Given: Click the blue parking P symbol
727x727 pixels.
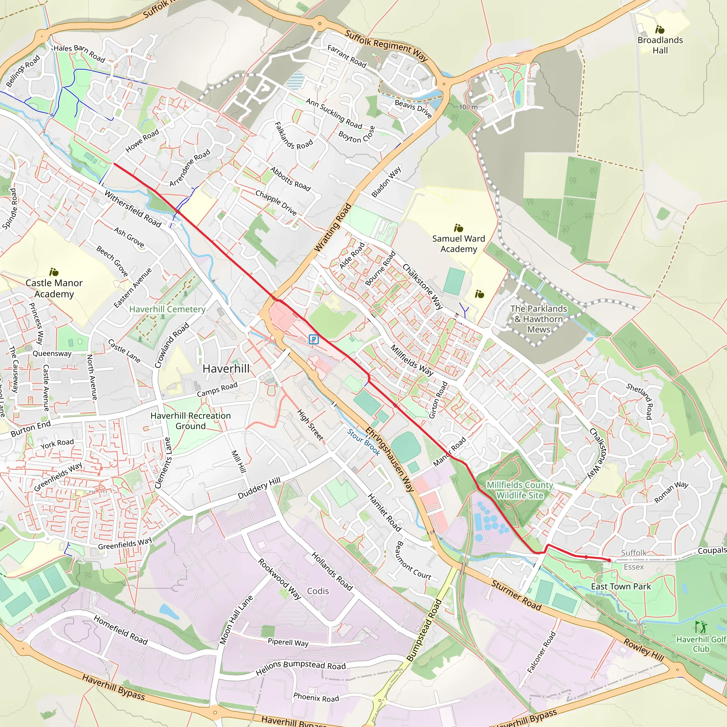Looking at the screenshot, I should pos(313,339).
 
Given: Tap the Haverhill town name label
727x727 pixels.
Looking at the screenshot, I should pos(226,369).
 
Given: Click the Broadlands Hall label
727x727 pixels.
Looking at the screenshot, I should pos(660,45).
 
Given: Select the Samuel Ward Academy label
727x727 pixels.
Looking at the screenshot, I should pos(458,244).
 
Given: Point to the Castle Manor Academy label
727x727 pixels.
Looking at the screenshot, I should pos(54,288).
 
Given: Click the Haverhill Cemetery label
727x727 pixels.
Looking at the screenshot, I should pos(167,309).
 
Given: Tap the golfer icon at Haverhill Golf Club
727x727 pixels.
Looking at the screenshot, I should pos(701,627).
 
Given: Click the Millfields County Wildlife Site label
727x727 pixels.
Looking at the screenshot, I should pos(520,490).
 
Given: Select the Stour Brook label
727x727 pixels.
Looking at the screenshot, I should pos(363,443).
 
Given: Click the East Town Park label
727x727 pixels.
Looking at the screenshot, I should pos(621,587).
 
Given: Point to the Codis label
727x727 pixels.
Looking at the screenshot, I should pos(318,591).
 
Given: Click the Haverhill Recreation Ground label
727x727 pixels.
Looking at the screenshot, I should pos(190,421).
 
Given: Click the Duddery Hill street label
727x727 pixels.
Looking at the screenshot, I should pos(259,488).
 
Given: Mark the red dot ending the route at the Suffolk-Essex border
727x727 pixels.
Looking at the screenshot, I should pos(609,560).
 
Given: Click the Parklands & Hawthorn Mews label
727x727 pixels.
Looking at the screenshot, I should pos(539,319).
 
